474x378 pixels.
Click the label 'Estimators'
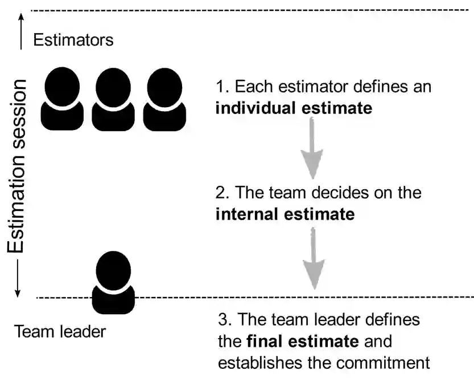pyautogui.click(x=73, y=40)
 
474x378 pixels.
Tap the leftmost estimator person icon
pyautogui.click(x=62, y=100)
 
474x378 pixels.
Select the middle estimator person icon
pyautogui.click(x=113, y=100)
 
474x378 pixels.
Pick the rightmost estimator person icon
pyautogui.click(x=164, y=100)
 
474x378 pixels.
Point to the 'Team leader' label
pyautogui.click(x=60, y=331)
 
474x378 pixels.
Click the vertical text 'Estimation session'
pyautogui.click(x=16, y=165)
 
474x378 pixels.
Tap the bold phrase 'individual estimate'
pyautogui.click(x=294, y=108)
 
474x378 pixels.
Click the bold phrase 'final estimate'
pyautogui.click(x=302, y=342)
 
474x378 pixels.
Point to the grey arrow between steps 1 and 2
pyautogui.click(x=312, y=149)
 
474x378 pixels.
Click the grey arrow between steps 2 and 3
pyautogui.click(x=312, y=257)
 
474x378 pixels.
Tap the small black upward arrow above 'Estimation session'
pyautogui.click(x=20, y=31)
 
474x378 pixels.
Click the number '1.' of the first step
pyautogui.click(x=222, y=87)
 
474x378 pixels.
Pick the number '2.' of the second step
pyautogui.click(x=222, y=193)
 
